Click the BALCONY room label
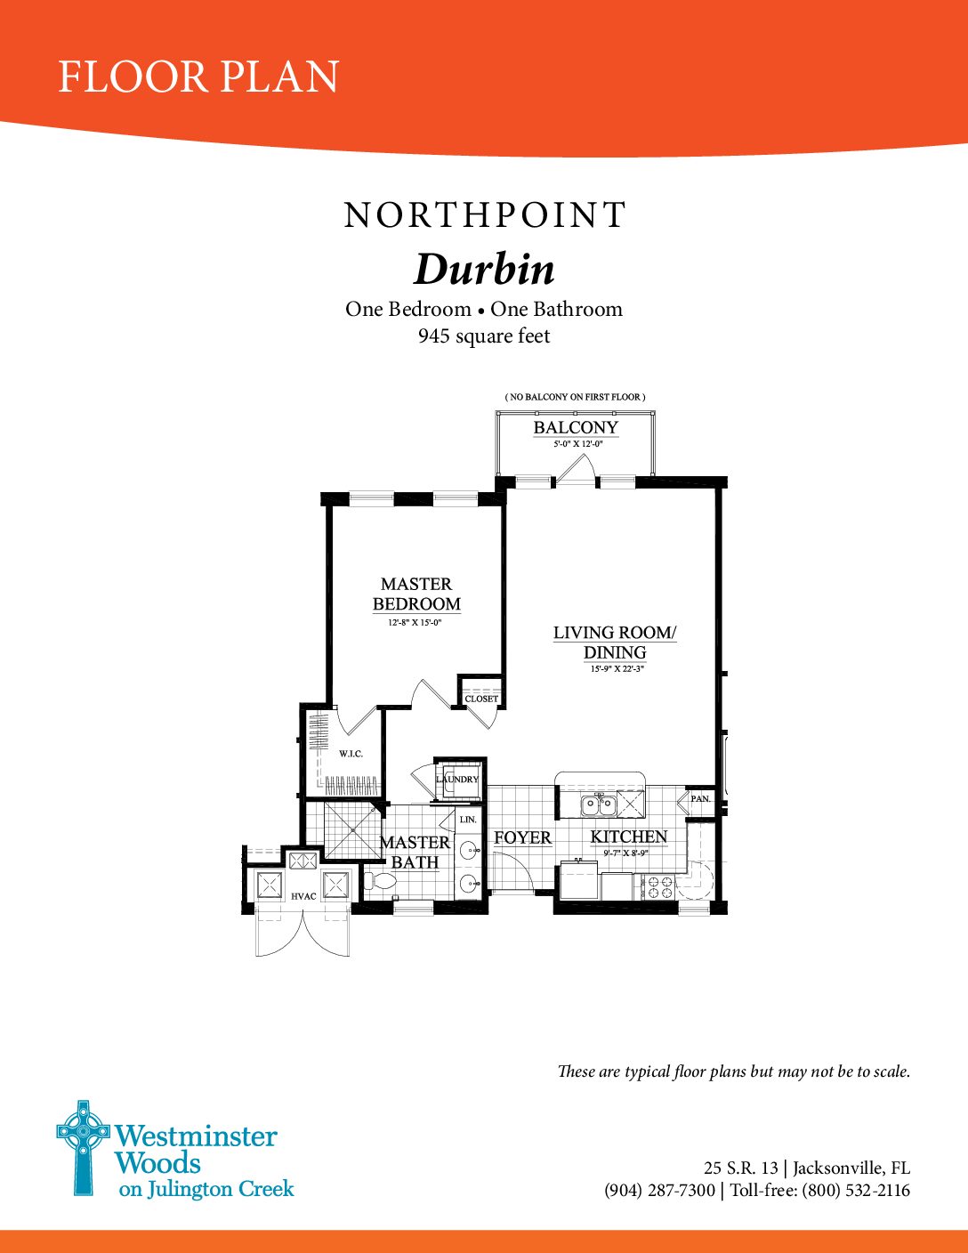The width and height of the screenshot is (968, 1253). [576, 427]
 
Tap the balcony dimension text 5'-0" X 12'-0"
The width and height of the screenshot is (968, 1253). [577, 444]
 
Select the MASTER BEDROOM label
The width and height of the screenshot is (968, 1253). [416, 594]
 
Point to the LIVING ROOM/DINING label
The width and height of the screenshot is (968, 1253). [615, 643]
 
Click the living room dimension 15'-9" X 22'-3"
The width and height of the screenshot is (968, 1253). [617, 669]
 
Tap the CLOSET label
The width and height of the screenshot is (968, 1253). [481, 699]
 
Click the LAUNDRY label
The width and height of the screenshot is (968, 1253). [458, 779]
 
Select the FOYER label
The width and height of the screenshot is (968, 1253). [523, 837]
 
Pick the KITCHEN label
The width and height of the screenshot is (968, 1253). [629, 837]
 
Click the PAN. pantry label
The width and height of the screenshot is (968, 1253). [700, 798]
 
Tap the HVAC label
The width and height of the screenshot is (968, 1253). [303, 896]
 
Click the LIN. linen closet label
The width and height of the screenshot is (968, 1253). [468, 820]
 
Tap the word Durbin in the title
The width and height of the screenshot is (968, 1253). [484, 270]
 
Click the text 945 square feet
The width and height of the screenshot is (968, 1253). [484, 335]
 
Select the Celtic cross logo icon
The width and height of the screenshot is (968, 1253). [83, 1147]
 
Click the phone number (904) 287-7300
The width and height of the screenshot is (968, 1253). [659, 1190]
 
